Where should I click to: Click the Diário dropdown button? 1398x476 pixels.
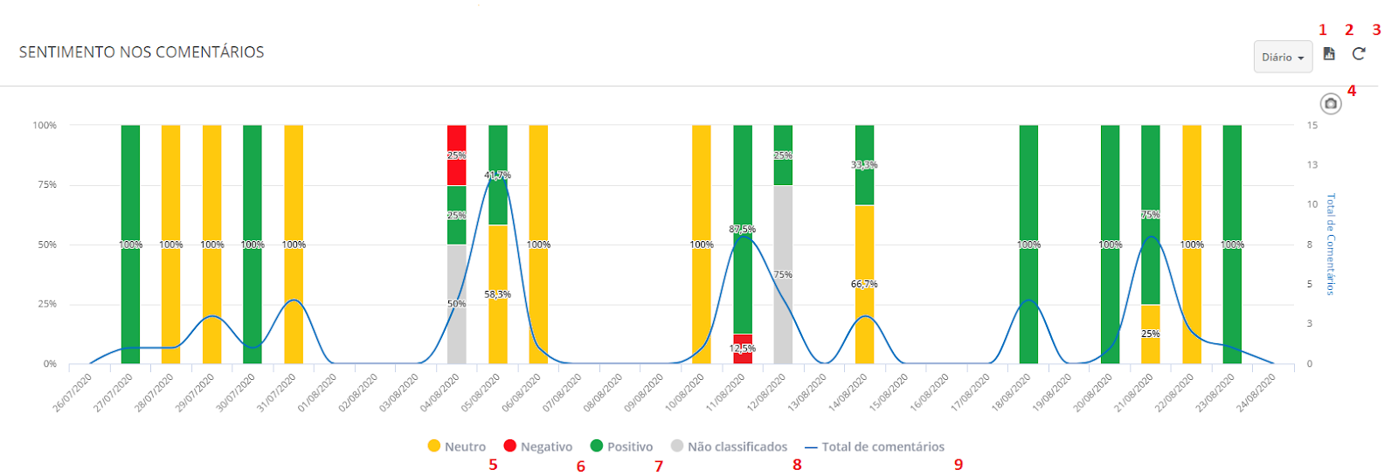tap(1283, 57)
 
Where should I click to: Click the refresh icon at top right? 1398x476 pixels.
tap(1359, 54)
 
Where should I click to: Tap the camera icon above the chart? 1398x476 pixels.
tap(1330, 104)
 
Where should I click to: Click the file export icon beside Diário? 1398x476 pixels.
tap(1329, 54)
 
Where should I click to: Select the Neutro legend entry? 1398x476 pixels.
tap(456, 446)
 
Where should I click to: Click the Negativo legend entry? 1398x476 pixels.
tap(538, 446)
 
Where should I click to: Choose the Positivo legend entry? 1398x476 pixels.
tap(621, 446)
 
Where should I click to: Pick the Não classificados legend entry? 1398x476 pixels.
tap(729, 446)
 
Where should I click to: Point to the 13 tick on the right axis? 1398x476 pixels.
tap(1312, 165)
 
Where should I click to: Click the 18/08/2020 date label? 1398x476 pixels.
tap(1012, 393)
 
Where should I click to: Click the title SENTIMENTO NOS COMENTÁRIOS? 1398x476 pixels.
tap(142, 52)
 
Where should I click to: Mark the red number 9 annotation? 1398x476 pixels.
tap(959, 465)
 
